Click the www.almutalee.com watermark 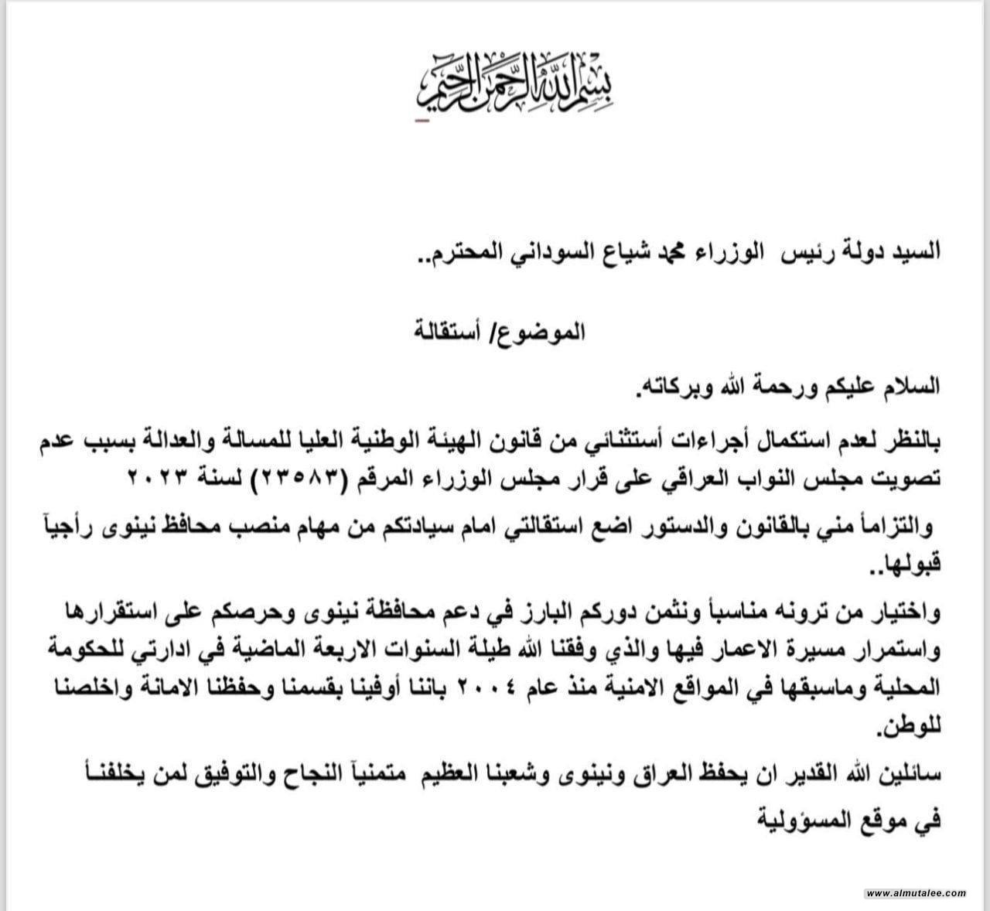(x=916, y=893)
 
